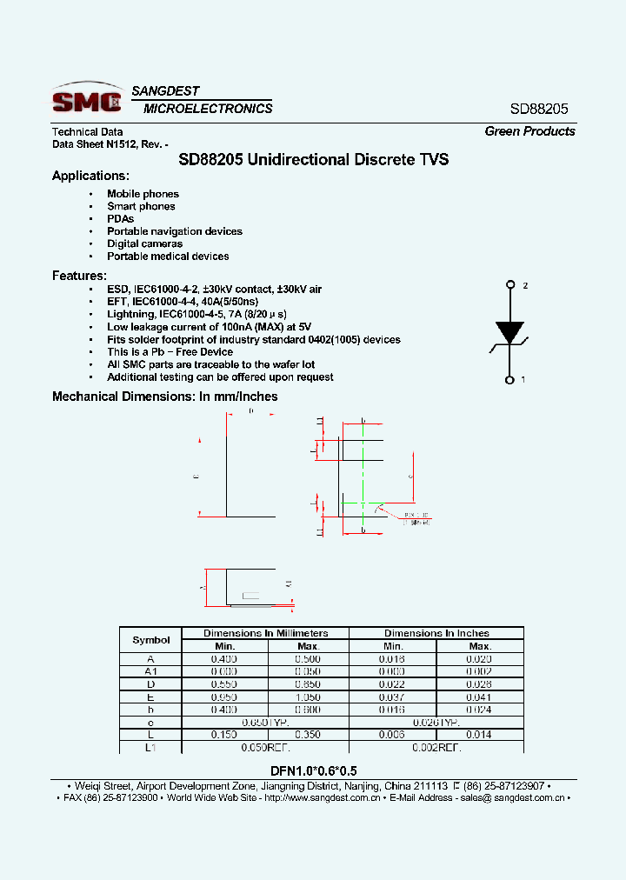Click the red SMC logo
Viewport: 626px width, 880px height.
(x=87, y=101)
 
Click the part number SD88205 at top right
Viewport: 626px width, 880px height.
(x=538, y=110)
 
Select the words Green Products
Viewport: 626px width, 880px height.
(x=529, y=131)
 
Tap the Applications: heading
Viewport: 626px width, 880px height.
(x=90, y=176)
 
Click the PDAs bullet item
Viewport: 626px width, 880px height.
(x=120, y=219)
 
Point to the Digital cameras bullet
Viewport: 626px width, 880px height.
(x=144, y=243)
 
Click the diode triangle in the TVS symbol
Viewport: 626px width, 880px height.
(x=509, y=332)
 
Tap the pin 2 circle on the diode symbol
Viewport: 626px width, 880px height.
(x=509, y=284)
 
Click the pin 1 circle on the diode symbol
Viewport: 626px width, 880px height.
(x=509, y=379)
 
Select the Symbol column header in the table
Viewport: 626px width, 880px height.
(x=151, y=640)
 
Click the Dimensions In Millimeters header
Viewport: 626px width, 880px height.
(x=265, y=633)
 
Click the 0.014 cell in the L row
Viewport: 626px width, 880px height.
(x=480, y=734)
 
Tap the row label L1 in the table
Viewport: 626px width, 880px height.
(x=151, y=747)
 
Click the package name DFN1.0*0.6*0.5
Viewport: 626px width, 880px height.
(x=312, y=770)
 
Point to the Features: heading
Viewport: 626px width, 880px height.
(x=79, y=276)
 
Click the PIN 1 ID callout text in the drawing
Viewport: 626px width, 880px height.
(x=416, y=516)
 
